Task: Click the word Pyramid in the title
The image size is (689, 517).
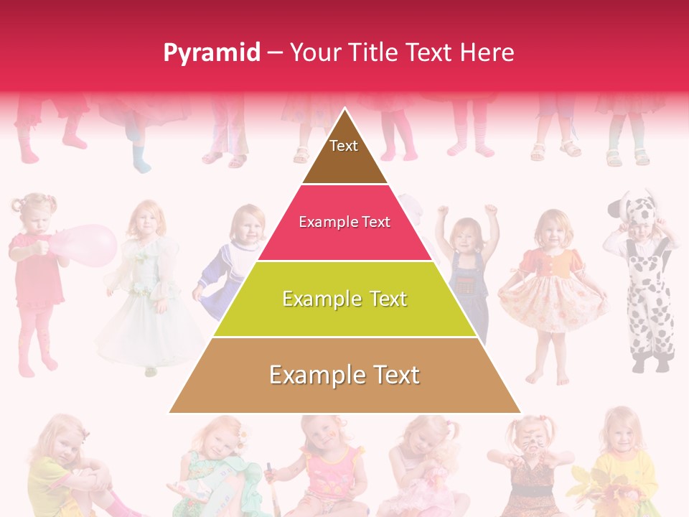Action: (x=212, y=52)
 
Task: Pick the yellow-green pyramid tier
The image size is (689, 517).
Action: (x=344, y=299)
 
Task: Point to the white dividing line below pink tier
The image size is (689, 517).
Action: (x=344, y=261)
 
